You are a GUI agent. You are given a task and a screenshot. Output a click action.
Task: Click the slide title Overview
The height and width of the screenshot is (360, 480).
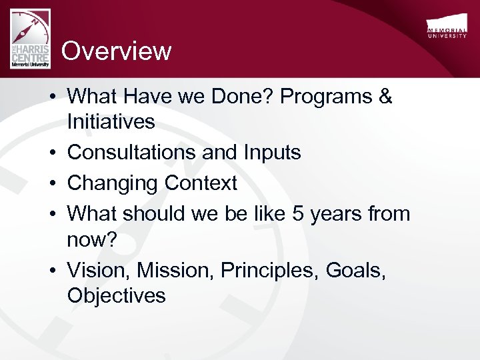pos(117,51)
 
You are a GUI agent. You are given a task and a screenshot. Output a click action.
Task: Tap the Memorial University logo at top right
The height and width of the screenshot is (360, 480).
pos(446,28)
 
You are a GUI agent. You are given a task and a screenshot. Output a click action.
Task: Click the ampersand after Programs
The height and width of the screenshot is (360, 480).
pos(385,97)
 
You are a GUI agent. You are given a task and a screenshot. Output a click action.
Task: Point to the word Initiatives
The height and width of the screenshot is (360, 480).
pos(111,122)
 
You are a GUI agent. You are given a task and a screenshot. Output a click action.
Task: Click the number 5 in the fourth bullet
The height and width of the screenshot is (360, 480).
pos(298,214)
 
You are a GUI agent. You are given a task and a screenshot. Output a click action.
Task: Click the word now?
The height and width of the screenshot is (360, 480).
pos(91,239)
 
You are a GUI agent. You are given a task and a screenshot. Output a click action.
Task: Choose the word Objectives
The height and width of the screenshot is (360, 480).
pos(116,295)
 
